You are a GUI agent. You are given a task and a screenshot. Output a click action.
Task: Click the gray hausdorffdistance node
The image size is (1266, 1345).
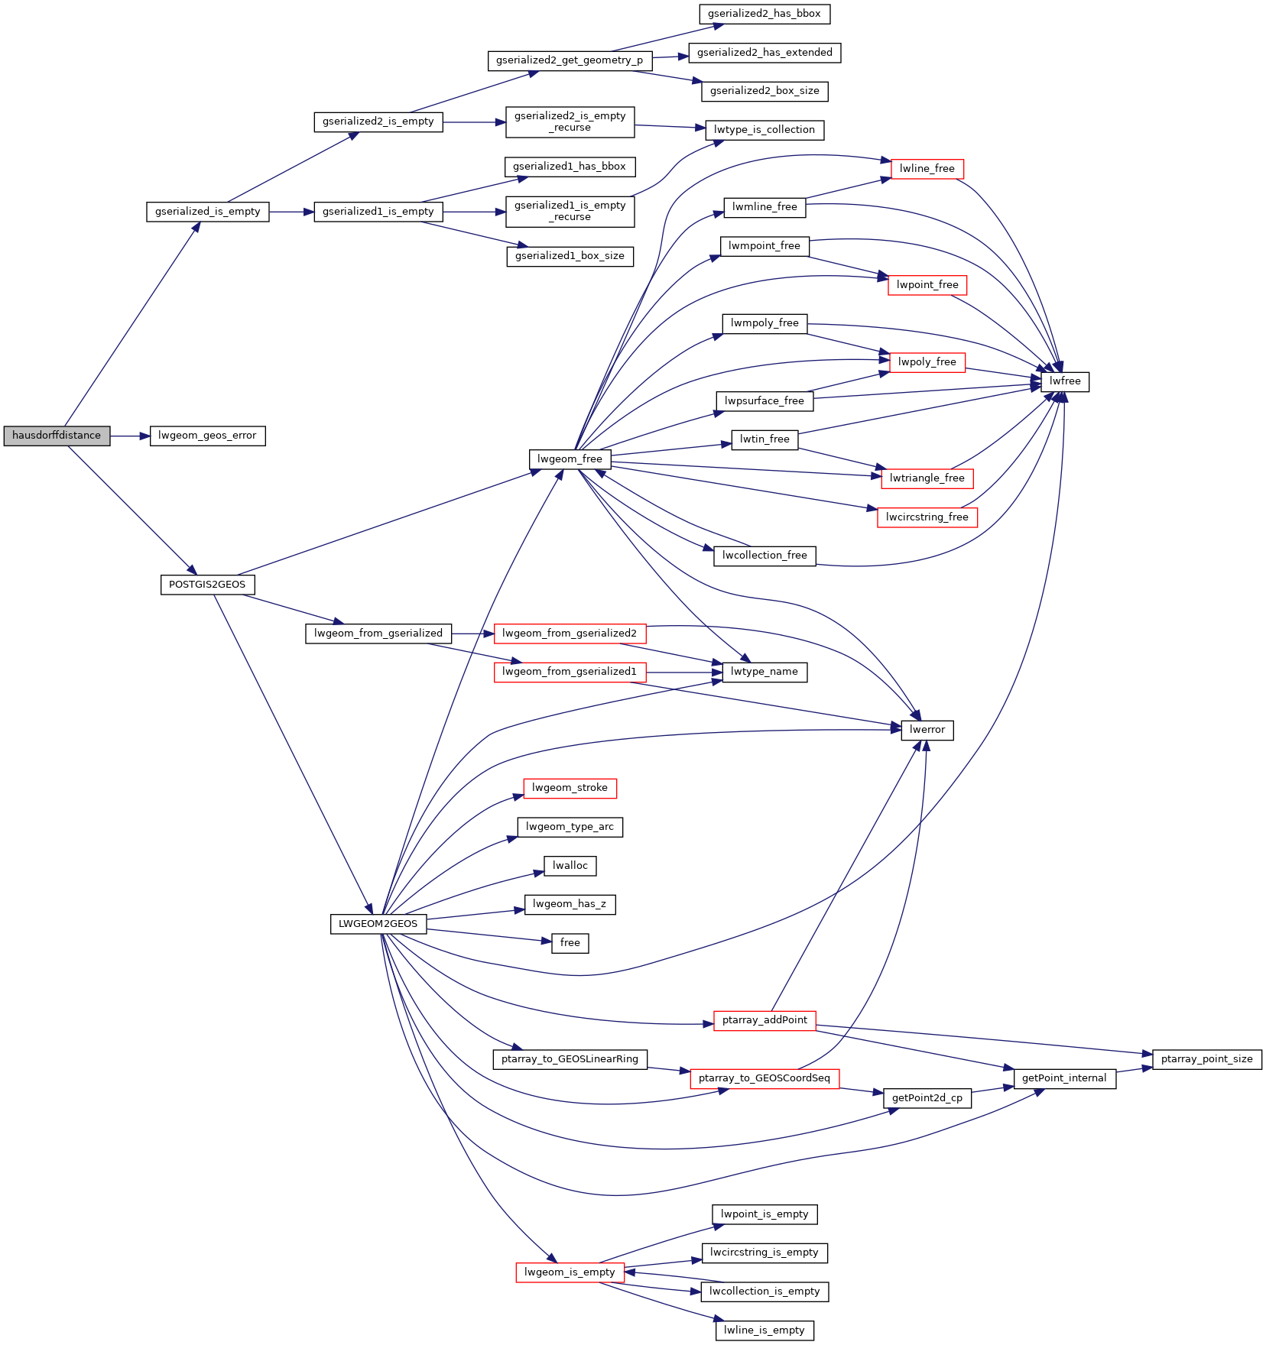[x=57, y=436]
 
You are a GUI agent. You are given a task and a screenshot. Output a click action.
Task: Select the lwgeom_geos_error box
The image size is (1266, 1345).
[x=207, y=436]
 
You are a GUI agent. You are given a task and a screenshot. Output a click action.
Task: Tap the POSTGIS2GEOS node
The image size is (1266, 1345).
[x=207, y=585]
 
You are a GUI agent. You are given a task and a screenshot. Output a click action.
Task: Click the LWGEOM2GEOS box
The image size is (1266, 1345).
[x=378, y=924]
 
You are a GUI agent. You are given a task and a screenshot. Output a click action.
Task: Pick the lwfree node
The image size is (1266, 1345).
[x=1065, y=381]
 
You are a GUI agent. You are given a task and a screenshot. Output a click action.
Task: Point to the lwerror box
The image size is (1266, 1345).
[x=927, y=730]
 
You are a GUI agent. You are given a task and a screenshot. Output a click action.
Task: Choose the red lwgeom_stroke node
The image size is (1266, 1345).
[x=570, y=788]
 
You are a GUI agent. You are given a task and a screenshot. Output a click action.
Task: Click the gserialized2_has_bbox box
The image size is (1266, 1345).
[x=764, y=14]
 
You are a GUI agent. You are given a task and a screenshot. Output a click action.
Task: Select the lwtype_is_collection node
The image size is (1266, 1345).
[x=764, y=130]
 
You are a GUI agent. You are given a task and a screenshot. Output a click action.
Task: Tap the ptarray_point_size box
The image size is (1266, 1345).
[x=1207, y=1059]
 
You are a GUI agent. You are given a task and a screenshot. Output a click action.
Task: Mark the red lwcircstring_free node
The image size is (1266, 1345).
[x=927, y=517]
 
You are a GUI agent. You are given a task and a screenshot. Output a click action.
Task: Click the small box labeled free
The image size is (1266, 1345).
[x=570, y=943]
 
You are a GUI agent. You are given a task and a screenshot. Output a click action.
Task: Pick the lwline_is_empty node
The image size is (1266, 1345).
[x=764, y=1330]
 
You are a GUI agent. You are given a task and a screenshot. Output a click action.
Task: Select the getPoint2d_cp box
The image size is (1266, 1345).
[x=927, y=1098]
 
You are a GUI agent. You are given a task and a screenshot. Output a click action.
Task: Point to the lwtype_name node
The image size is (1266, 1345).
[x=764, y=672]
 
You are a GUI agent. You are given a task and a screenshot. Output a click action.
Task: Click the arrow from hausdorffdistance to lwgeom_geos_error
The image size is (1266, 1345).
[x=130, y=436]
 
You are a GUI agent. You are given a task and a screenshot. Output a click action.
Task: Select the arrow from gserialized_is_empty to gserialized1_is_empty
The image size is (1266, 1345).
[x=291, y=212]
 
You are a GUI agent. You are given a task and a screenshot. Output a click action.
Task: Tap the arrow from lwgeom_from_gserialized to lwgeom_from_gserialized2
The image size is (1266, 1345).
[x=472, y=634]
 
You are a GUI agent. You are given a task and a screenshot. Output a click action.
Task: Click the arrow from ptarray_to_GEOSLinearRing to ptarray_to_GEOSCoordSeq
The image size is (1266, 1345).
[x=669, y=1069]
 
